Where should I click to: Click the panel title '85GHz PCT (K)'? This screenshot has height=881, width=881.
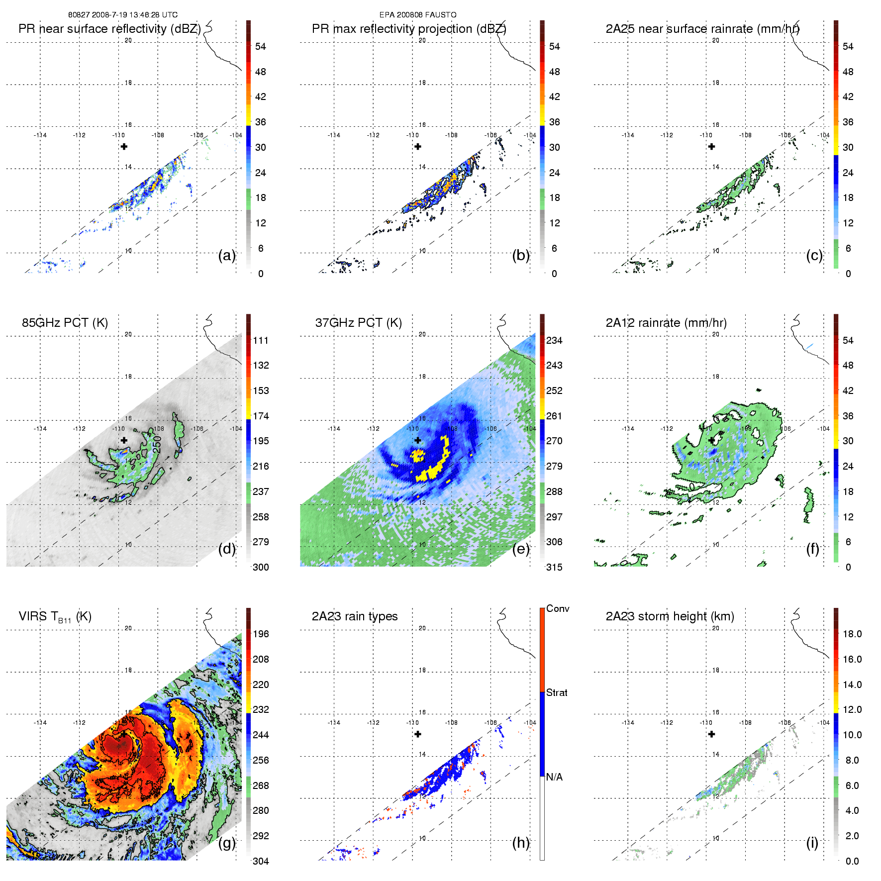[x=65, y=322]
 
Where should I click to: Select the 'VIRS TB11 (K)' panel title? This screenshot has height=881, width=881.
[x=55, y=616]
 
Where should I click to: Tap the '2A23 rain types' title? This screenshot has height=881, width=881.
[x=354, y=616]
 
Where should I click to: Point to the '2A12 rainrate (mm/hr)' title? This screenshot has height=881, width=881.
[x=666, y=322]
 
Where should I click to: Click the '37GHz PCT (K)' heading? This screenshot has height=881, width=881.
[x=358, y=322]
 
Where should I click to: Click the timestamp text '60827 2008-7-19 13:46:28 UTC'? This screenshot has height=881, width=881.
[x=122, y=15]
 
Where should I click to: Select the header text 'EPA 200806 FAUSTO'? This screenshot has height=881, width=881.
[x=417, y=15]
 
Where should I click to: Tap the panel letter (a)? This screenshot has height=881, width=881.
[x=226, y=255]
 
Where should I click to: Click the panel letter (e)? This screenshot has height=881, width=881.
[x=520, y=549]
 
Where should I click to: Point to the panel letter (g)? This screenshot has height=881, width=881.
[x=226, y=843]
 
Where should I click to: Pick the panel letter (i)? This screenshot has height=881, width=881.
[x=812, y=843]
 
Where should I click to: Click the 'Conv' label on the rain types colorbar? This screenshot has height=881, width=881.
[x=557, y=608]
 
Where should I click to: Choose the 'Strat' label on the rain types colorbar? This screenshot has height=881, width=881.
[x=556, y=692]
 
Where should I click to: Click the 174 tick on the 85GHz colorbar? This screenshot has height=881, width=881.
[x=261, y=416]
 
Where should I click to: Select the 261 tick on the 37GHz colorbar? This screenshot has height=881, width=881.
[x=554, y=416]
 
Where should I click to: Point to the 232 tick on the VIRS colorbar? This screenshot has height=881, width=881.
[x=261, y=709]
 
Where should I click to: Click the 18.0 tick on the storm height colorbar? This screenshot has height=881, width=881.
[x=852, y=634]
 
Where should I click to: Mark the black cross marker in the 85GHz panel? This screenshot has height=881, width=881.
[x=124, y=440]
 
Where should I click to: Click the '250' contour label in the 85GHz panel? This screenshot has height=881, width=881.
[x=157, y=444]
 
